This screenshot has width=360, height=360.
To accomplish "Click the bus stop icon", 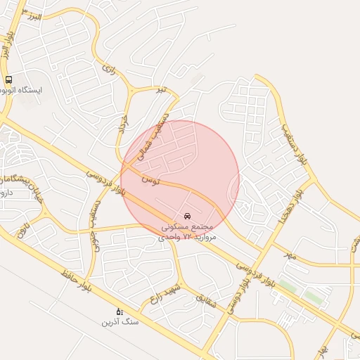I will pos(8,80).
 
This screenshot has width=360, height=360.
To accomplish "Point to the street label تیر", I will pos(162,89).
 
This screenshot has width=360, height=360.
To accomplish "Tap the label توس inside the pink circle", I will pos(150,180).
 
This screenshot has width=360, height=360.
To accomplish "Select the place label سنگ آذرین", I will pos(120,322).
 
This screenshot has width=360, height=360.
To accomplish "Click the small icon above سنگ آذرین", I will pos(119,311).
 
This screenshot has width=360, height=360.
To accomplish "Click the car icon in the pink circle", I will pos(187,215).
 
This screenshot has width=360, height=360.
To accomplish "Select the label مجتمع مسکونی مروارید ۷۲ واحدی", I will pos(186,232).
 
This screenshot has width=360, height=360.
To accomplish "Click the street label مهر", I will pos(290,255).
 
